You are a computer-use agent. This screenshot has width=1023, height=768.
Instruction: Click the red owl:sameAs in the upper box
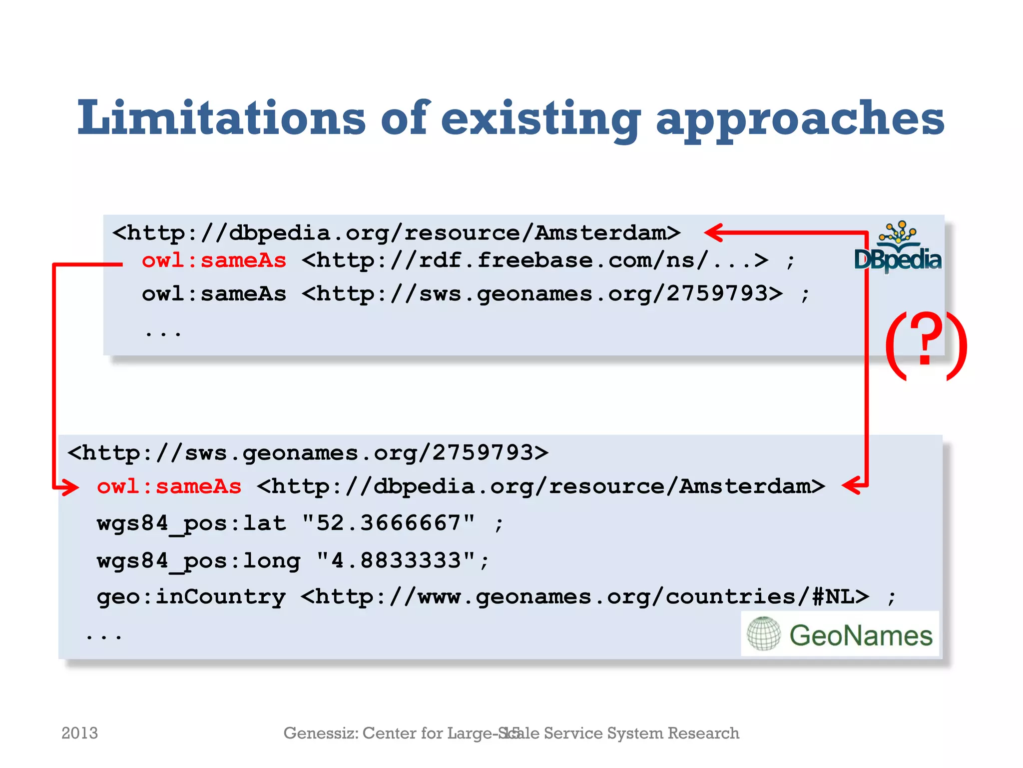click(x=214, y=260)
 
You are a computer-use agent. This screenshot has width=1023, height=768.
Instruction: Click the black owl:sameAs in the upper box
click(x=214, y=294)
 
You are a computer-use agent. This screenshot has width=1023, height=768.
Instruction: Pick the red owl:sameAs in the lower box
click(x=169, y=486)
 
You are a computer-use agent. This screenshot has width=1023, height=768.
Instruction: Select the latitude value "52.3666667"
click(x=389, y=523)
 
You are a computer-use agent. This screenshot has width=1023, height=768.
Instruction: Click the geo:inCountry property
click(x=191, y=597)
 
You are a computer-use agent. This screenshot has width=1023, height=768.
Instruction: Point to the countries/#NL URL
click(x=585, y=597)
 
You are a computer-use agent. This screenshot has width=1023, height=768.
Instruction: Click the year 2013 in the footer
click(x=79, y=733)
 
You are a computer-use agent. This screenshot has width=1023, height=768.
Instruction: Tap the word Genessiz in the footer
click(x=320, y=733)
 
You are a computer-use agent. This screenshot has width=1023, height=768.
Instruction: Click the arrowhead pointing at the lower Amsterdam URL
click(x=851, y=485)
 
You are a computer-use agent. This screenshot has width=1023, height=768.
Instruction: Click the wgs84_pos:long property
click(x=198, y=560)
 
